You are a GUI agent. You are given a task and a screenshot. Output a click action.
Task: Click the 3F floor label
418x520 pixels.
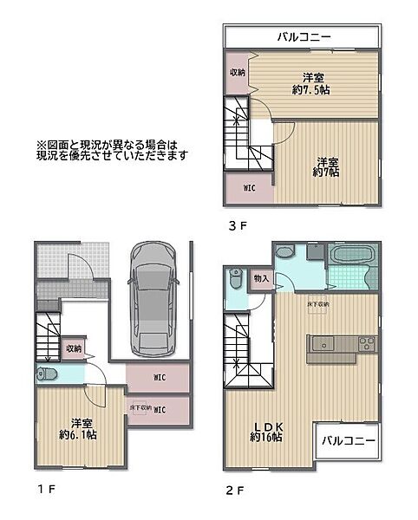click(x=238, y=227)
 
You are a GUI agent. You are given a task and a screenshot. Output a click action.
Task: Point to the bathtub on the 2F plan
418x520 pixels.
click(x=350, y=257)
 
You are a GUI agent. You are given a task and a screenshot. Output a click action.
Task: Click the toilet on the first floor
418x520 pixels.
click(x=47, y=374)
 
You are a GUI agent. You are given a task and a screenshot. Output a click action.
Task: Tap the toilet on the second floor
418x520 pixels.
click(x=235, y=280)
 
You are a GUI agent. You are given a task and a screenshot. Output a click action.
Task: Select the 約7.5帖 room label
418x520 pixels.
click(x=313, y=82)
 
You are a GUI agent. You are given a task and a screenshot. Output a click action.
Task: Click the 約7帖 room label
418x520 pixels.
click(x=326, y=167)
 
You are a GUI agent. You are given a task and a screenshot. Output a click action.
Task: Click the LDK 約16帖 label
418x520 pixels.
click(x=266, y=431)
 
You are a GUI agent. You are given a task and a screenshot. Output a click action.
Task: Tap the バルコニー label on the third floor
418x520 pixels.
click(x=301, y=37)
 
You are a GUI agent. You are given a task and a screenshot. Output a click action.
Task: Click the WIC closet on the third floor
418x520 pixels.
click(x=249, y=187)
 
